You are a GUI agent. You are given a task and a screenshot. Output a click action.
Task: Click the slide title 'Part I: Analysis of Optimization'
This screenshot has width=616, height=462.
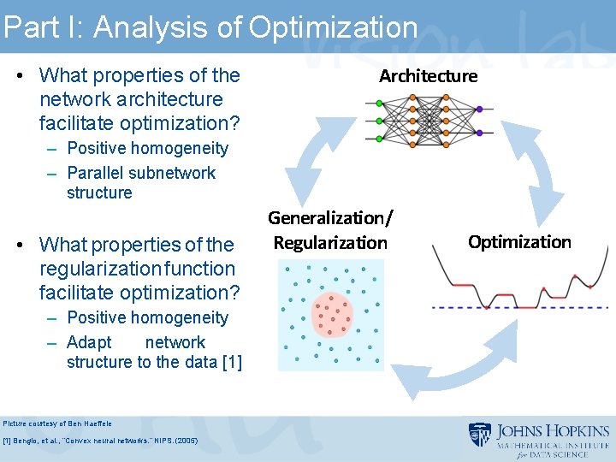coord(210,27)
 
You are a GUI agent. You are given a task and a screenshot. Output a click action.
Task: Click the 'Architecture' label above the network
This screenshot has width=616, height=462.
coord(428,76)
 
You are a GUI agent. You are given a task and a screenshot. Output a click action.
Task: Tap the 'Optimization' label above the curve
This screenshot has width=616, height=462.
coord(519,242)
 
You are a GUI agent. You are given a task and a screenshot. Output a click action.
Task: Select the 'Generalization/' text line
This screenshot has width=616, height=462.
coord(330,218)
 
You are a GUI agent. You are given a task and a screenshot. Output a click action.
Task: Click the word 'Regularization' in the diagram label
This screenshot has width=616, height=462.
coord(330,243)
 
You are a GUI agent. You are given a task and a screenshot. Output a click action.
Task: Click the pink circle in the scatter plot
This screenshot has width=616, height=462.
coord(332,316)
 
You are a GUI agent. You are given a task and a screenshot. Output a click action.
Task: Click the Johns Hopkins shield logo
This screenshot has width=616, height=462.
coord(479,435)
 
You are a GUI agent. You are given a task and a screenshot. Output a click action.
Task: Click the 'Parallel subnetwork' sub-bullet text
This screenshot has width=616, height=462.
coord(141,173)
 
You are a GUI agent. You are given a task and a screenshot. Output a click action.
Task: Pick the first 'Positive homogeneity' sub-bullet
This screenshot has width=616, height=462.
coord(147,148)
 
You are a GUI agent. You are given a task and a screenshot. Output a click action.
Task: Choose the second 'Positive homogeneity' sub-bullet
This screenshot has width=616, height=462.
coord(147,317)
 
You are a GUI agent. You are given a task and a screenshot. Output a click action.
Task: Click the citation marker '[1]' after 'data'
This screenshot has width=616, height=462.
coord(231,362)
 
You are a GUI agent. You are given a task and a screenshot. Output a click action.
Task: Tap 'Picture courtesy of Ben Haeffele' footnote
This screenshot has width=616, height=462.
coord(56,423)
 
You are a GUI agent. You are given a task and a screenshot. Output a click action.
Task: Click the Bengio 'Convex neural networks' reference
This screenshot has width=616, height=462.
coord(100,441)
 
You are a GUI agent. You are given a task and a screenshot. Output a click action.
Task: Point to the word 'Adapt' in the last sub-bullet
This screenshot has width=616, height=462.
coord(89,342)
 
